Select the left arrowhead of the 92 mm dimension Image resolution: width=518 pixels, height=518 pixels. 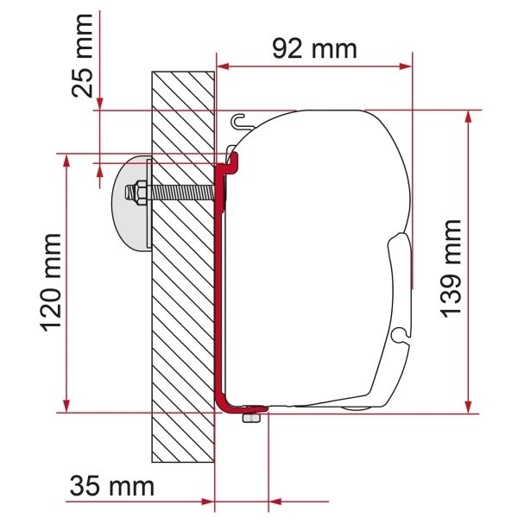tap(222, 65)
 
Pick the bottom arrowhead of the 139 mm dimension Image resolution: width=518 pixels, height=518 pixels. tap(468, 406)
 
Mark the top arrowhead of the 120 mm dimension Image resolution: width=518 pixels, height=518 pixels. tap(66, 161)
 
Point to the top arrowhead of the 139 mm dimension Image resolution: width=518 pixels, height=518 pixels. tap(468, 117)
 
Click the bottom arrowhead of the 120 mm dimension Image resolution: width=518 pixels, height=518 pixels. tap(66, 406)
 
